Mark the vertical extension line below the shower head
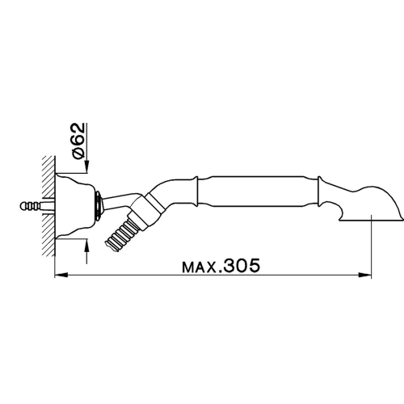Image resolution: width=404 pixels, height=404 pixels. click(x=371, y=250)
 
